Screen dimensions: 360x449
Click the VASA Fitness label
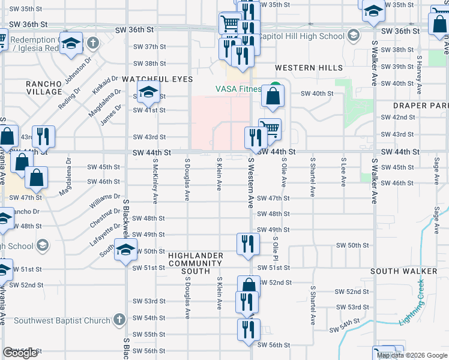pyautogui.click(x=238, y=89)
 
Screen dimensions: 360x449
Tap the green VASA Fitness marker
pyautogui.click(x=275, y=87)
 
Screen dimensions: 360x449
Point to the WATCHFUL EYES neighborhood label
pyautogui.click(x=157, y=79)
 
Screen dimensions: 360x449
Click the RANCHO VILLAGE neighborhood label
pyautogui.click(x=44, y=88)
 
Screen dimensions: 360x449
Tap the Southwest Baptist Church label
pyautogui.click(x=63, y=320)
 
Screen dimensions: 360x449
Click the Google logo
pyautogui.click(x=20, y=353)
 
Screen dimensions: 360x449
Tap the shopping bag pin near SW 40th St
pyautogui.click(x=273, y=96)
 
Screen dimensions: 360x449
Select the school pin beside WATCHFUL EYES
pyautogui.click(x=146, y=93)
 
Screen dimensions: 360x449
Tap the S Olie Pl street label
pyautogui.click(x=274, y=248)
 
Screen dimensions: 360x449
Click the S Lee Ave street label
pyautogui.click(x=343, y=171)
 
